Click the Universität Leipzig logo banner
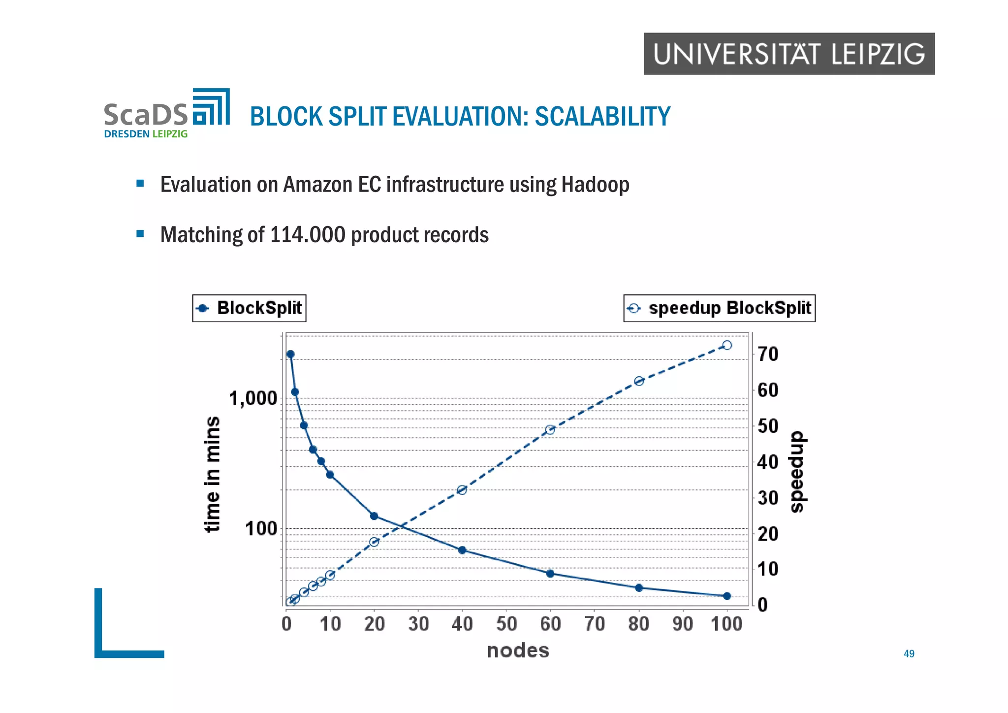point(788,54)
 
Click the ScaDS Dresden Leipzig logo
point(166,114)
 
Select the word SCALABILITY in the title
point(602,117)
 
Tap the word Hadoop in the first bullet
point(595,185)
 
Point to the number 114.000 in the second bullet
point(308,235)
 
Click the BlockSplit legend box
point(249,308)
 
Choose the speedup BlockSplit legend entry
point(719,308)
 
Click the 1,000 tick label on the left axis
point(253,398)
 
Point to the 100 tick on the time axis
point(261,529)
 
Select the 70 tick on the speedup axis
point(768,354)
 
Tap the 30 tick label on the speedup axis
point(768,498)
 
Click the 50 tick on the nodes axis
point(506,624)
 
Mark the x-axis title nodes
point(518,650)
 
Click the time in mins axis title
point(212,474)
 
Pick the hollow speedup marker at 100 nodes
point(727,345)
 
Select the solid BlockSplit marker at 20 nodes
point(374,516)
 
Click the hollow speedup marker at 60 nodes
point(550,430)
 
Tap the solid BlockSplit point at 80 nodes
point(639,588)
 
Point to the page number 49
point(909,653)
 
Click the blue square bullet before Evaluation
point(140,184)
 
